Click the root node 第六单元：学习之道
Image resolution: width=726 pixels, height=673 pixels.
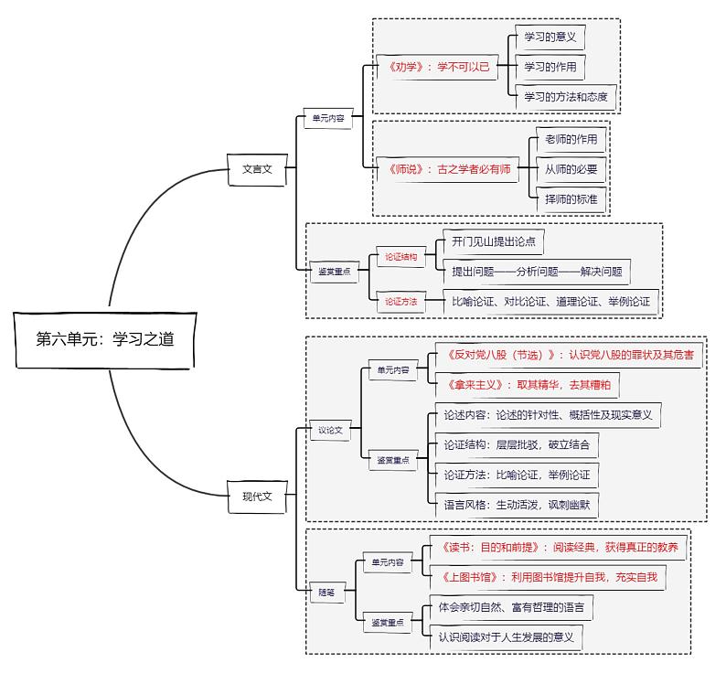click(x=105, y=339)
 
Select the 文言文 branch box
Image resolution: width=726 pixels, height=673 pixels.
click(x=257, y=169)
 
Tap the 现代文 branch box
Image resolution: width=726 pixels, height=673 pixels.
click(x=257, y=497)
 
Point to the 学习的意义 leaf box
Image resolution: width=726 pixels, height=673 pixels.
click(x=549, y=37)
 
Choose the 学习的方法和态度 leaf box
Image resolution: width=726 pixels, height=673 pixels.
click(x=565, y=96)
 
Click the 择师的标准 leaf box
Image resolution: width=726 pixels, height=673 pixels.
click(x=571, y=198)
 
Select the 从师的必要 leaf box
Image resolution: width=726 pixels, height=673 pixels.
click(x=571, y=169)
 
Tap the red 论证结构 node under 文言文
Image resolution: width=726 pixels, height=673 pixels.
click(x=400, y=258)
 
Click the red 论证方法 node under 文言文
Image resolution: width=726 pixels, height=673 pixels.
click(x=400, y=301)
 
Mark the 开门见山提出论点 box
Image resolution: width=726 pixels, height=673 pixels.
click(x=493, y=242)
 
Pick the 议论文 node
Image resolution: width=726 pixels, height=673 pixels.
click(x=330, y=430)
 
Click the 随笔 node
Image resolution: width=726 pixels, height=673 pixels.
click(x=326, y=593)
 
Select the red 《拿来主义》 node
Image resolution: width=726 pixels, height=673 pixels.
click(x=528, y=386)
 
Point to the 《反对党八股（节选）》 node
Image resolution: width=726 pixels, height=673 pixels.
click(x=570, y=355)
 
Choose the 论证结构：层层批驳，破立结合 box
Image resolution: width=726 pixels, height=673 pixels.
click(x=516, y=445)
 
